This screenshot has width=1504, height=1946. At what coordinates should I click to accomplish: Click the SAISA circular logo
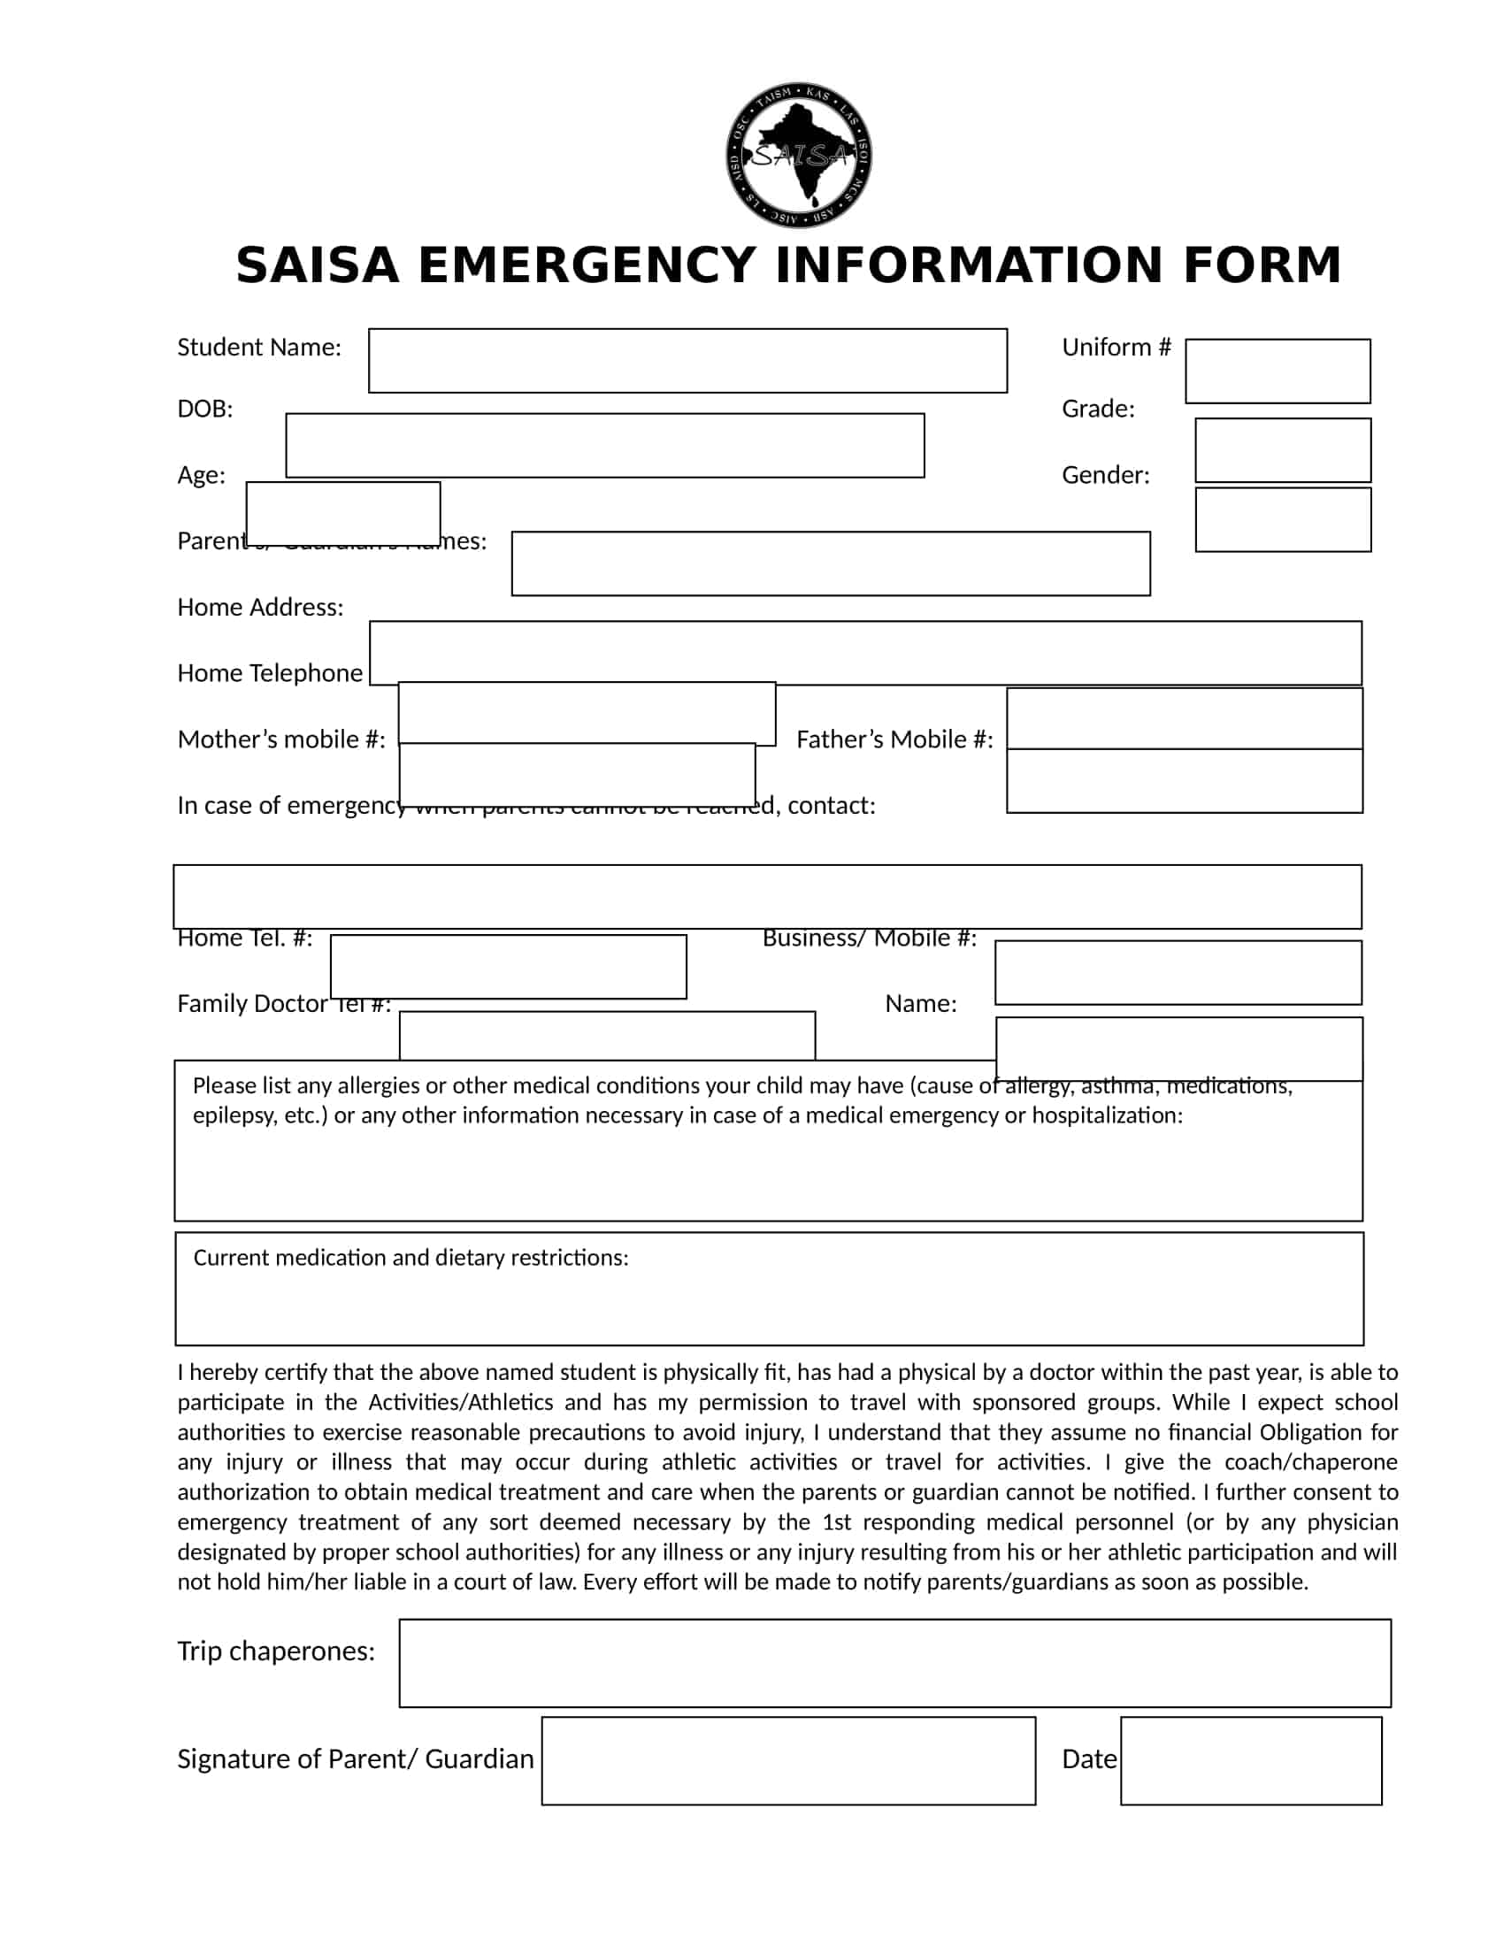(798, 155)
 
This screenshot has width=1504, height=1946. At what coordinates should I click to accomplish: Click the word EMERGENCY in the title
(587, 265)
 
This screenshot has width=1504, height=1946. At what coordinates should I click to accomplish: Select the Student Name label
(258, 348)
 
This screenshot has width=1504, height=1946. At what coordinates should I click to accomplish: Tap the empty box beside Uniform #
(1277, 371)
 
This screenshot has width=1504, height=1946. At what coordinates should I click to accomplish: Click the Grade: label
(1098, 409)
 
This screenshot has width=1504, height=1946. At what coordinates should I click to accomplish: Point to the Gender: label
(1105, 475)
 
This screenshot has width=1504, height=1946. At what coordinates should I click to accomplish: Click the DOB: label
(205, 409)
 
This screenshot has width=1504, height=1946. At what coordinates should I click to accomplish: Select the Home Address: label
(260, 608)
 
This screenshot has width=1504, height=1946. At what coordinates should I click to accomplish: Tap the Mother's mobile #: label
(280, 739)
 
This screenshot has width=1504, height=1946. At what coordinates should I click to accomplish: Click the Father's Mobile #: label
(894, 739)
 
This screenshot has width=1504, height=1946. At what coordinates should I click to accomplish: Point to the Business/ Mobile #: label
(869, 939)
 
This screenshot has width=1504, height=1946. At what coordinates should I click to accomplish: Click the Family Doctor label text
(252, 1004)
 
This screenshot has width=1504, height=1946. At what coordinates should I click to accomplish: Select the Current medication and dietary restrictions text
(411, 1257)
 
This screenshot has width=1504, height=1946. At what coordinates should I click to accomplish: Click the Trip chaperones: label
(276, 1651)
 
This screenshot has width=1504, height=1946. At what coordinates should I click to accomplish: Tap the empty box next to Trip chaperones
(894, 1663)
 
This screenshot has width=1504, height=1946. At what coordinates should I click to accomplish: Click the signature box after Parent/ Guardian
(787, 1760)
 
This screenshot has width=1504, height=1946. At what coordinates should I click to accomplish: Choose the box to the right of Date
(1250, 1760)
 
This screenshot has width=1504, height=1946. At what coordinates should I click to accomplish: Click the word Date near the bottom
(1089, 1758)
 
